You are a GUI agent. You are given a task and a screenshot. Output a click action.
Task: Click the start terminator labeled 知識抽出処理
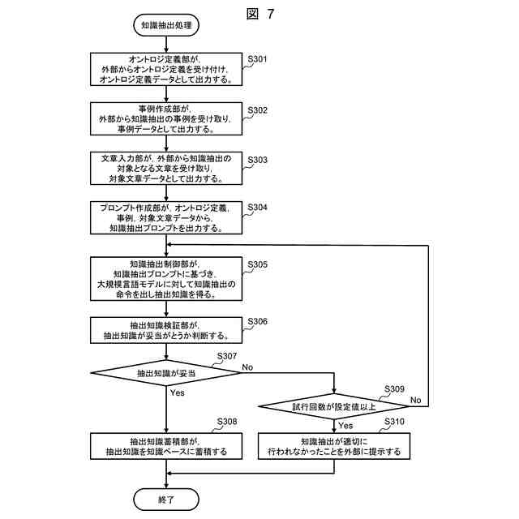(166, 25)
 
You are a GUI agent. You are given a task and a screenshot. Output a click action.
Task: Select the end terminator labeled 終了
(166, 500)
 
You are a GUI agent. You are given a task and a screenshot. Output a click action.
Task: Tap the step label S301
(257, 59)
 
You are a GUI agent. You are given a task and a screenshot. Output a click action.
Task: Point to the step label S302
(257, 110)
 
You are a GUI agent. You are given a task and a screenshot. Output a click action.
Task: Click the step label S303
(257, 160)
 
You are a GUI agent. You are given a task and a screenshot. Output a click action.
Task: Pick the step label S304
(257, 208)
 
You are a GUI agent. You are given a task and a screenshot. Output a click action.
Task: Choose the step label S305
(257, 264)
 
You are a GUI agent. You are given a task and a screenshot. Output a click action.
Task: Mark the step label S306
(257, 321)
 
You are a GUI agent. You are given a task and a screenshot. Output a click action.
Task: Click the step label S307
(227, 356)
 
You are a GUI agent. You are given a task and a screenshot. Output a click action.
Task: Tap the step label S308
(227, 422)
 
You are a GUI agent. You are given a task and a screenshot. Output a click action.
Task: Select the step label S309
(394, 388)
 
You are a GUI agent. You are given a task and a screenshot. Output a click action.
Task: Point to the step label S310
(394, 422)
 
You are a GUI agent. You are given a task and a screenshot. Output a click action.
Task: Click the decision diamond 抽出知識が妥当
(166, 373)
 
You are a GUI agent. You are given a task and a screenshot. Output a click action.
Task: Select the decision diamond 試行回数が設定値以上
(333, 406)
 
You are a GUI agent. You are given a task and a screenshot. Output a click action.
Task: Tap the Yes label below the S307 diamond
(178, 392)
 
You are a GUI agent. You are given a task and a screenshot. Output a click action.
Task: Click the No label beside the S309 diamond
(416, 400)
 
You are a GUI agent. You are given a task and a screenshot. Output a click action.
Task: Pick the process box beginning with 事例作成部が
(166, 118)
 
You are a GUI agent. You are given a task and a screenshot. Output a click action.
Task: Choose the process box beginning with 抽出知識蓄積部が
(166, 446)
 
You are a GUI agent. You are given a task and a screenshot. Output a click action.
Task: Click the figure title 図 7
(260, 14)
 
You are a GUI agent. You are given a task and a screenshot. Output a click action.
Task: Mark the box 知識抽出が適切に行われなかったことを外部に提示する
(334, 446)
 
